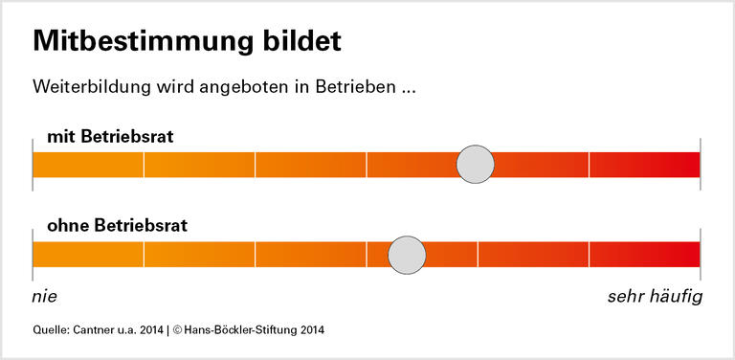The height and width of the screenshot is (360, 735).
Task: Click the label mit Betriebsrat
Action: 110,136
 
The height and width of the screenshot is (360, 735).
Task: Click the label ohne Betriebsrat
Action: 117,226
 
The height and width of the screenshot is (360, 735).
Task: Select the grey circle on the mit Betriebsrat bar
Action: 475,165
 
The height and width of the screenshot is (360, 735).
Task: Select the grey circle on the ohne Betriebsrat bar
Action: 408,255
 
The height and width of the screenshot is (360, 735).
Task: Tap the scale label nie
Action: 45,297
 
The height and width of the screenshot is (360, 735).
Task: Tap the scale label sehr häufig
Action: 655,297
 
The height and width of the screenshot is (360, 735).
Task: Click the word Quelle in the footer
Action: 50,330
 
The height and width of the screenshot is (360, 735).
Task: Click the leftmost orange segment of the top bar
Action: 88,165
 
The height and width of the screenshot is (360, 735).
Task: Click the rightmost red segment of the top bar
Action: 644,165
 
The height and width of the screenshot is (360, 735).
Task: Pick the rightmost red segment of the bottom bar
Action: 644,255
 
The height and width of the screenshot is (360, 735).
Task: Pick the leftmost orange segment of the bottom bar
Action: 88,255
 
